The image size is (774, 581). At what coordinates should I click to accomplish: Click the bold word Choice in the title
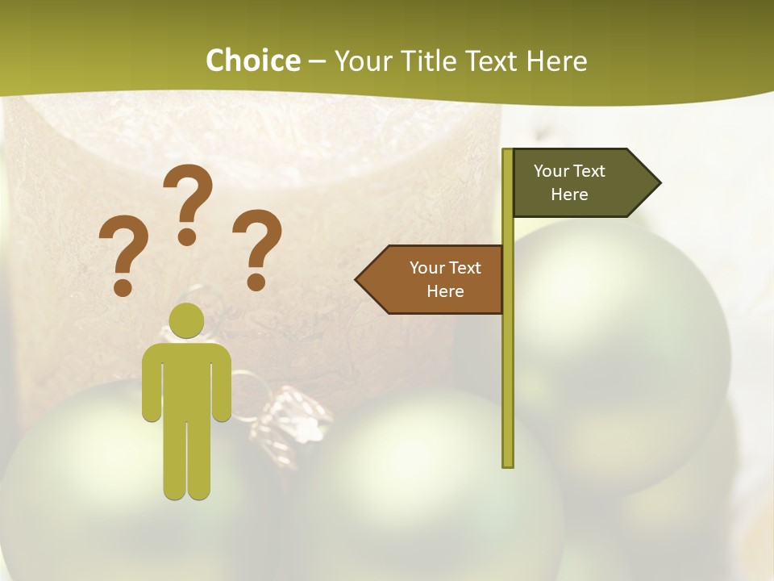(252, 61)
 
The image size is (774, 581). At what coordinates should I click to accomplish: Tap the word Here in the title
(556, 61)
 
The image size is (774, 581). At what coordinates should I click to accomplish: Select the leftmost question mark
(123, 254)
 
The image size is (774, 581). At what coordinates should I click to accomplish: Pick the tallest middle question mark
(188, 202)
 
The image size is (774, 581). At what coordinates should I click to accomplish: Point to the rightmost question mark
(257, 249)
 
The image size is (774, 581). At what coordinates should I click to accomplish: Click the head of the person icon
(187, 320)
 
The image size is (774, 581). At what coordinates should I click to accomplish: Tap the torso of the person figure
(187, 379)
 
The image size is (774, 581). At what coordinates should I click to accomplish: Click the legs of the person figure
(187, 460)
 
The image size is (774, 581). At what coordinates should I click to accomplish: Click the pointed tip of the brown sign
(360, 279)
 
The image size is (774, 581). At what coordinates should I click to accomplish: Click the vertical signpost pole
(508, 363)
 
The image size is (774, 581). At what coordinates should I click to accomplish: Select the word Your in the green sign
(551, 171)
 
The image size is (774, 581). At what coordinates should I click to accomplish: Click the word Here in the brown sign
(445, 291)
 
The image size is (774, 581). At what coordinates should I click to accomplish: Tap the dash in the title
(317, 61)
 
